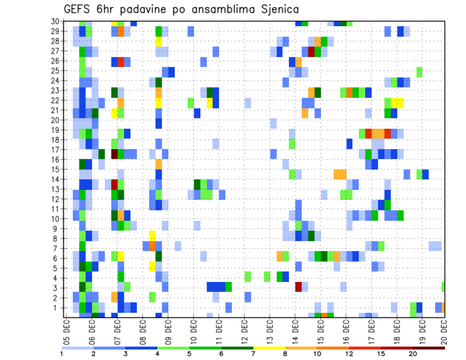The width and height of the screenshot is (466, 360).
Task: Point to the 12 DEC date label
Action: pos(244,328)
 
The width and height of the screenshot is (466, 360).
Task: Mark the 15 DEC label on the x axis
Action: pos(320,328)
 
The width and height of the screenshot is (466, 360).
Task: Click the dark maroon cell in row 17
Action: pos(115,154)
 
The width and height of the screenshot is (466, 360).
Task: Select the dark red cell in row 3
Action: pos(299,287)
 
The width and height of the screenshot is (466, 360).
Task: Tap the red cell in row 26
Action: pos(121,62)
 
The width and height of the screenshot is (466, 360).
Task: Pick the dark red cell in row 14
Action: pos(115,184)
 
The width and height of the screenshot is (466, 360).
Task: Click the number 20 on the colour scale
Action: pos(413,354)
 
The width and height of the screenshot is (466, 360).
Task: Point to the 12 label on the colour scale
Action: pos(349,354)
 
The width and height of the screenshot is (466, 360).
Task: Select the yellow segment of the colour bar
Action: pos(269,348)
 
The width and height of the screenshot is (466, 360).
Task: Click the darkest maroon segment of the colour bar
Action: pos(429,348)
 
